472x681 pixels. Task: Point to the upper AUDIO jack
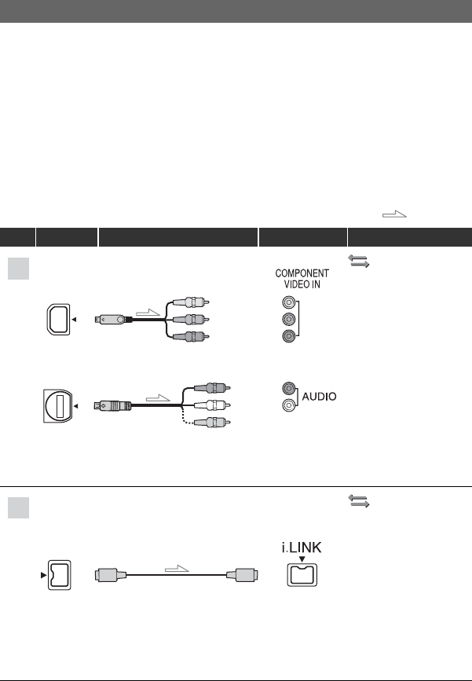click(289, 388)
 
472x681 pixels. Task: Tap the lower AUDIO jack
click(289, 406)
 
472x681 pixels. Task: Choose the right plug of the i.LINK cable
click(240, 576)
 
